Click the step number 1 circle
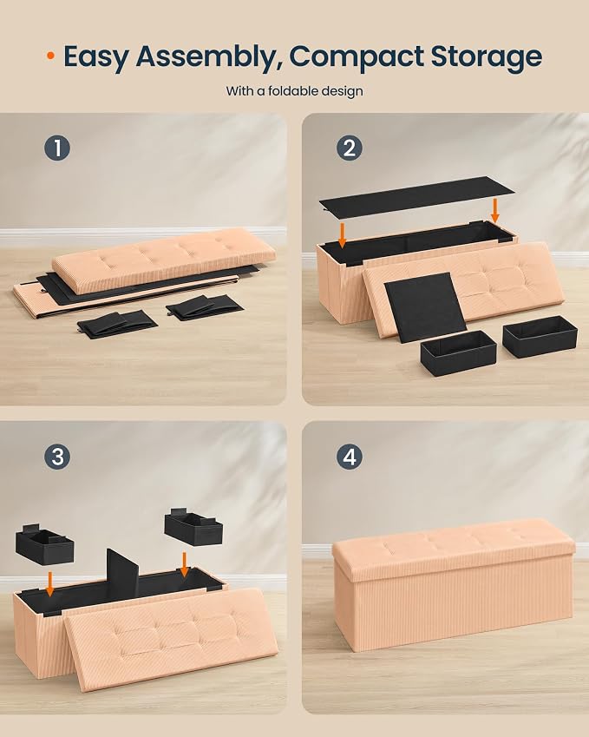57,148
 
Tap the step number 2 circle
350,148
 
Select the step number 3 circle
57,457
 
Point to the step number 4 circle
350,457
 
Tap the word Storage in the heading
487,57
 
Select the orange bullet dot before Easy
50,56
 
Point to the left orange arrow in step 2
343,235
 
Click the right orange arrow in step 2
494,210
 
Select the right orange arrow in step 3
185,564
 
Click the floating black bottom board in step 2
416,194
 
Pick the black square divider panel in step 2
424,306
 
